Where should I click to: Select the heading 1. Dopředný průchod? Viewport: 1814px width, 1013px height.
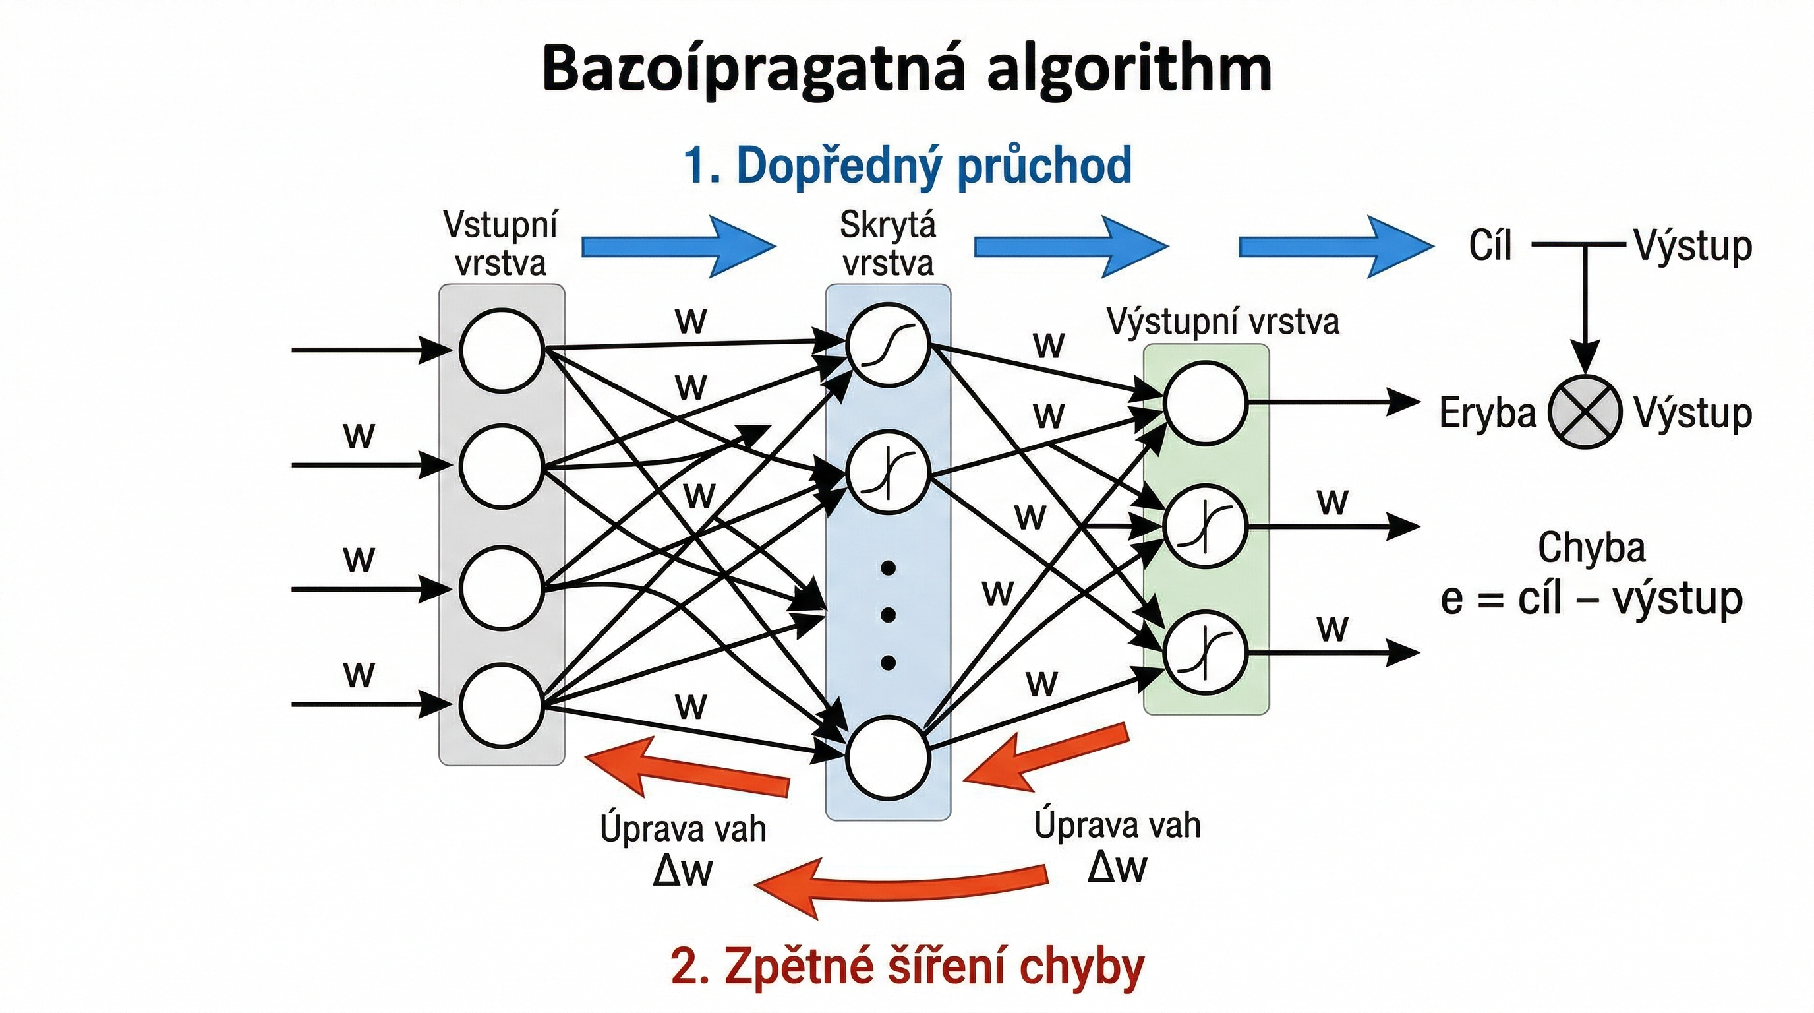(x=907, y=166)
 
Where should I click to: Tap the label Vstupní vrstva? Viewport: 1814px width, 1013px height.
(x=501, y=244)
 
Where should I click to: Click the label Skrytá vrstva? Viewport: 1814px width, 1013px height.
(x=888, y=244)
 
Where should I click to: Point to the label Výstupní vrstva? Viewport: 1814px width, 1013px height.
(x=1223, y=322)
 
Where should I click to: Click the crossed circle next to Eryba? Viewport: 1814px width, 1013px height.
(x=1585, y=412)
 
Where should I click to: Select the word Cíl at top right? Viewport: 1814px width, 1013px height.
(x=1490, y=246)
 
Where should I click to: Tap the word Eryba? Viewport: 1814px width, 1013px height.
(x=1486, y=413)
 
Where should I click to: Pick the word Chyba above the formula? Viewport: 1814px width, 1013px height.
(x=1591, y=547)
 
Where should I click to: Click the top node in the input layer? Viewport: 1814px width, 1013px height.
(x=502, y=350)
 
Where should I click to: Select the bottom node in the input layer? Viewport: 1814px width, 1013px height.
(x=502, y=704)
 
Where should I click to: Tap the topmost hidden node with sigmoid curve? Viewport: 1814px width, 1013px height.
(x=888, y=345)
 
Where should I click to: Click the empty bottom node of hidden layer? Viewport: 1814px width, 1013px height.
(x=888, y=756)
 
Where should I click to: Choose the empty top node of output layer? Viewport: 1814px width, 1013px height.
(x=1205, y=404)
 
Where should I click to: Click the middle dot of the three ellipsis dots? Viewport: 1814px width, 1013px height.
(x=888, y=615)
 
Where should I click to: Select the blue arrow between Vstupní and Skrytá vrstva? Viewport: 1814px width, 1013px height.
(x=678, y=247)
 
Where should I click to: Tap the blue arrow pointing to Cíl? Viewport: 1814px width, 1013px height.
(x=1335, y=247)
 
